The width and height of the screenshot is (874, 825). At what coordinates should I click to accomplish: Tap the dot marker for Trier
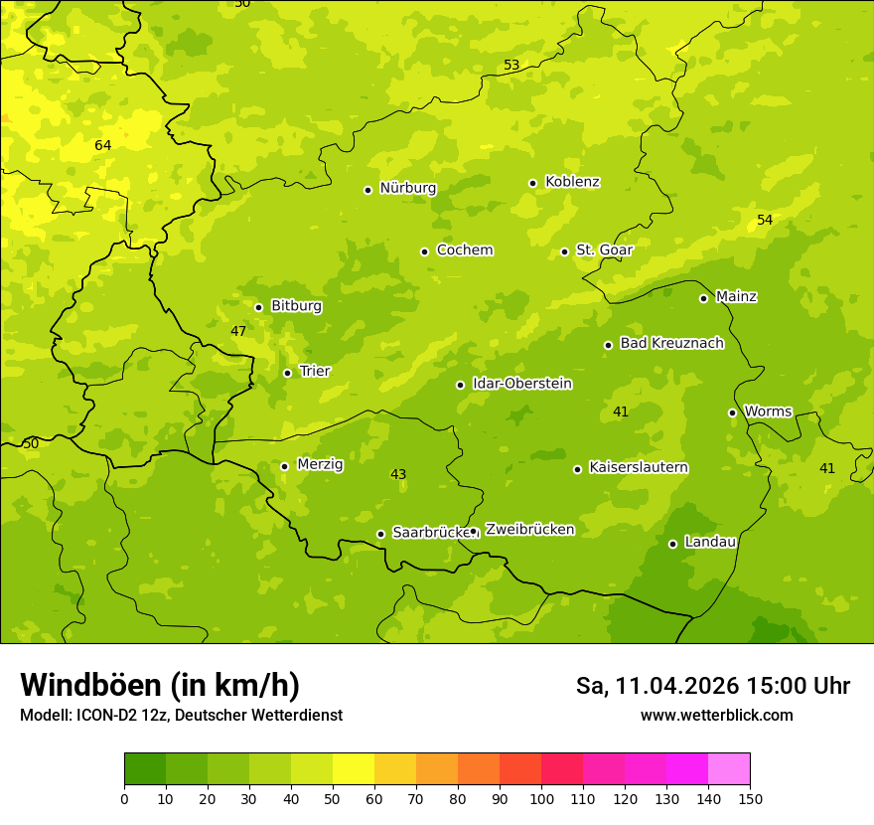coord(287,373)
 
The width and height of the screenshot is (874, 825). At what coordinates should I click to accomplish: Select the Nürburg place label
coord(407,188)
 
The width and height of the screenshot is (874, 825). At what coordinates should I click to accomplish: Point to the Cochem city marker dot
coord(424,251)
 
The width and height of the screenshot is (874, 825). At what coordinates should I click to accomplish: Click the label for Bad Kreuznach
coord(671,343)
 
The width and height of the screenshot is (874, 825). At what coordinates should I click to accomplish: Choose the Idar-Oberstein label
coord(521,383)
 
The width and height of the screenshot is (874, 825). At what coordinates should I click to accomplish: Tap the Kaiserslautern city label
coord(638,467)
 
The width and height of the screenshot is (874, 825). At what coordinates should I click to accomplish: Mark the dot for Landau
coord(672,544)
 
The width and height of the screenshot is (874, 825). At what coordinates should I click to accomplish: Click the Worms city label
coord(767,411)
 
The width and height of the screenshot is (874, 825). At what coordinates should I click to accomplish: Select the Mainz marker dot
coord(703,298)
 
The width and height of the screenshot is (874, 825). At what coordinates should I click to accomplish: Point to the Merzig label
coord(320,464)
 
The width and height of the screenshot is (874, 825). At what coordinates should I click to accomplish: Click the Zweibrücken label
coord(529,530)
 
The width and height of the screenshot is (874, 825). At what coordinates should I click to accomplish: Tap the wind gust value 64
coord(102,146)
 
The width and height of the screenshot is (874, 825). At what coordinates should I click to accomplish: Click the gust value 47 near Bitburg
coord(238,331)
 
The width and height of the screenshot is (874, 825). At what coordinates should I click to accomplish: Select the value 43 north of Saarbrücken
coord(398,475)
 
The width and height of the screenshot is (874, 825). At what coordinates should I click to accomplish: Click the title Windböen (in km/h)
coord(160,685)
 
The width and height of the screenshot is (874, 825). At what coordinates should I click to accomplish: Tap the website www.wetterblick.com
coord(716,716)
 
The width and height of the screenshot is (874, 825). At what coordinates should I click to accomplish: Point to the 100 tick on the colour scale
coord(541,798)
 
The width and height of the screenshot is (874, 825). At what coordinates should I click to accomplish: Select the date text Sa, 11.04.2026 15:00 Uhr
coord(712,686)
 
